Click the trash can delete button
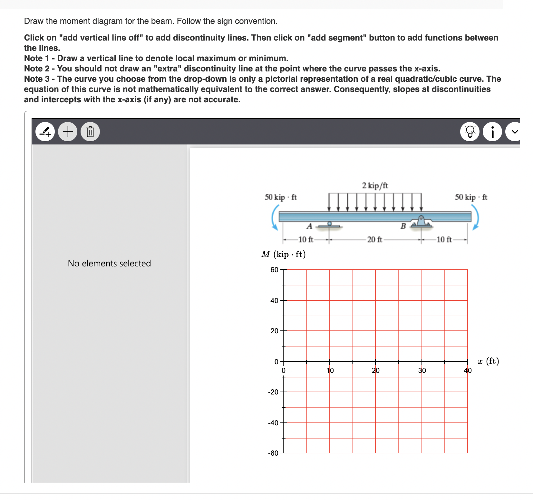pyautogui.click(x=90, y=132)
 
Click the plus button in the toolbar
pyautogui.click(x=68, y=132)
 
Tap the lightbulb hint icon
pyautogui.click(x=470, y=132)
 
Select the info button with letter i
pyautogui.click(x=492, y=132)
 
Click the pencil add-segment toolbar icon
pyautogui.click(x=45, y=132)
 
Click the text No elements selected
pyautogui.click(x=109, y=264)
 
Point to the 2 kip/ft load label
pyautogui.click(x=375, y=186)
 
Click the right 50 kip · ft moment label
pyautogui.click(x=471, y=197)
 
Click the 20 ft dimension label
pyautogui.click(x=374, y=240)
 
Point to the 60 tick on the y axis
pyautogui.click(x=274, y=270)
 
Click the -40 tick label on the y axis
pyautogui.click(x=273, y=423)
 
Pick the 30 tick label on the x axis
pyautogui.click(x=422, y=371)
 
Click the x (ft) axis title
pyautogui.click(x=488, y=361)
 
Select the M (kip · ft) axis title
pyautogui.click(x=283, y=255)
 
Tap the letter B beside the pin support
pyautogui.click(x=403, y=226)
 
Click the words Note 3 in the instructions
pyautogui.click(x=37, y=79)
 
